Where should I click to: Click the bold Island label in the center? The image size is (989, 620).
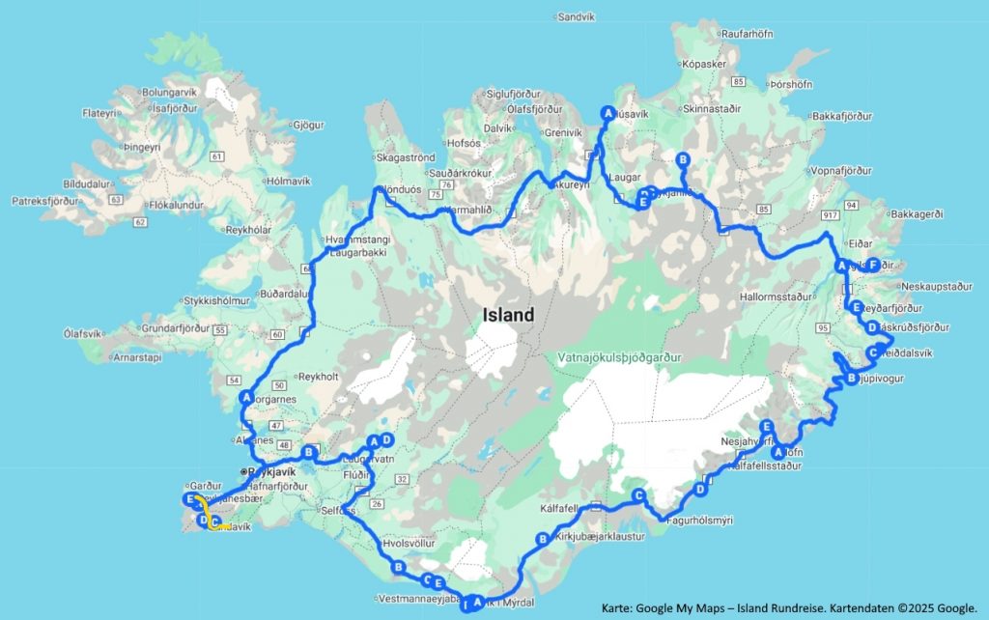(x=509, y=315)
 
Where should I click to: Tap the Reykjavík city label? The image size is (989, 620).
(x=270, y=471)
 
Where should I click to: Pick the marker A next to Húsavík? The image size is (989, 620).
(x=608, y=111)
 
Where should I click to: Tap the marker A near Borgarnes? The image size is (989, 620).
(x=246, y=397)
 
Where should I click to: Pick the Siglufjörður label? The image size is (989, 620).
(x=518, y=94)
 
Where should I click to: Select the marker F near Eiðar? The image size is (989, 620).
(x=872, y=265)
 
